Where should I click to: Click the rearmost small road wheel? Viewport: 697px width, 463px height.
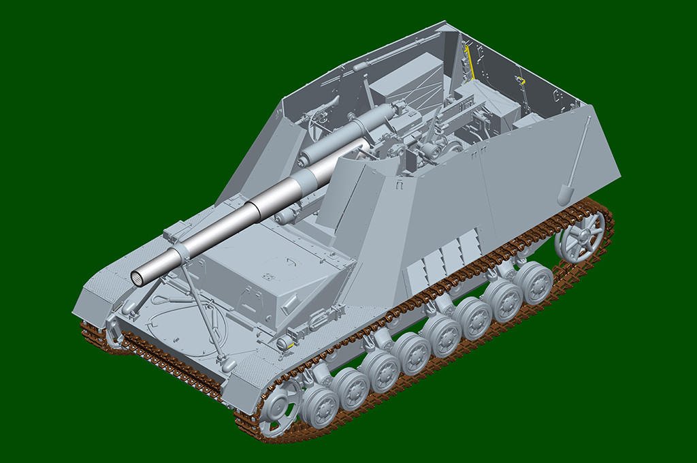click(x=534, y=283)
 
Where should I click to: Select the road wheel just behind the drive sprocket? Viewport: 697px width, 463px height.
click(x=320, y=406)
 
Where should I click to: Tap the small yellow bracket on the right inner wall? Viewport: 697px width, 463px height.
click(x=521, y=82)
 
